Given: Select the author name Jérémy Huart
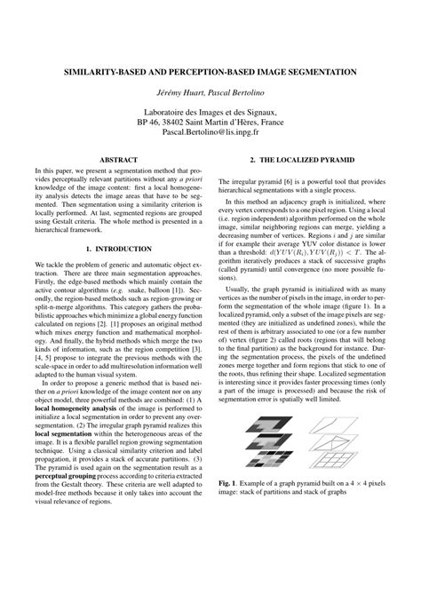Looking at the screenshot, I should pyautogui.click(x=177, y=92).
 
